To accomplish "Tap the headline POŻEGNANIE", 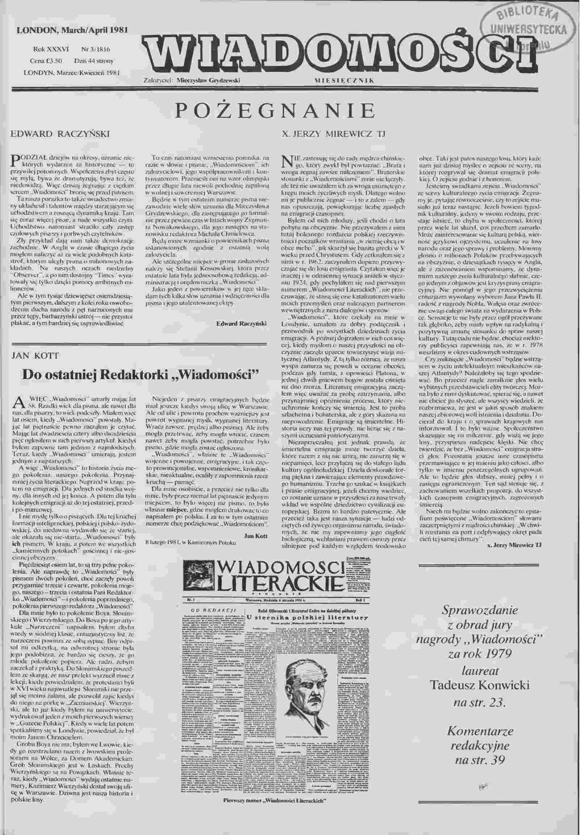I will (x=275, y=111).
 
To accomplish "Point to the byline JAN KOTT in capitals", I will (x=35, y=355).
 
